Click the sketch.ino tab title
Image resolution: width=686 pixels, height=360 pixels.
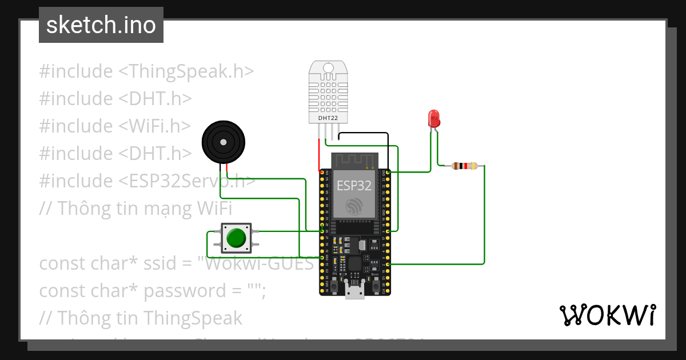[101, 25]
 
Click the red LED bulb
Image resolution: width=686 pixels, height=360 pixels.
[434, 119]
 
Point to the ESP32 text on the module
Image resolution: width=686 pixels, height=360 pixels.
[354, 186]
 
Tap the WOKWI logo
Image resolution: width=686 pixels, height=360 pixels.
[607, 315]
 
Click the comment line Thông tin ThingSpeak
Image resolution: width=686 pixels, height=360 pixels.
[141, 318]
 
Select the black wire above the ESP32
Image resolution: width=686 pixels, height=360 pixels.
[364, 134]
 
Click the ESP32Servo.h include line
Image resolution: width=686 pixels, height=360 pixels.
[147, 181]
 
